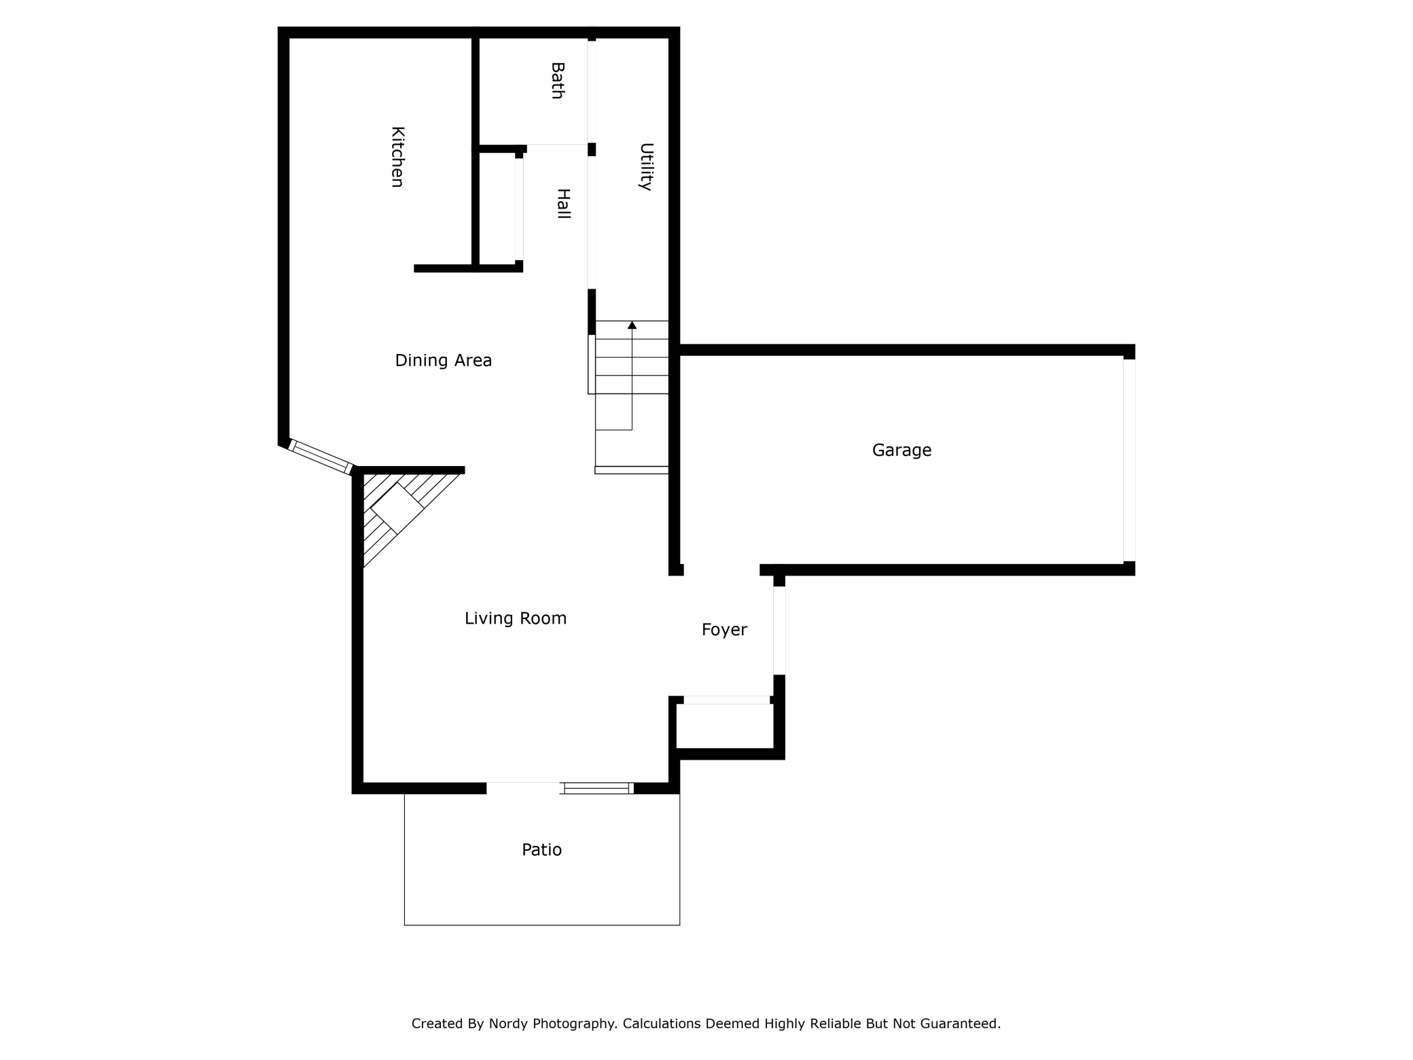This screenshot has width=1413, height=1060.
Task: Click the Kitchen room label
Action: [x=397, y=156]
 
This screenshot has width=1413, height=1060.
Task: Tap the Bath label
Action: [x=557, y=80]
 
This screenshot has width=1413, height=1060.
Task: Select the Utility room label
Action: [x=646, y=166]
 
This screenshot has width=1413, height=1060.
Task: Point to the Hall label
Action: [x=563, y=203]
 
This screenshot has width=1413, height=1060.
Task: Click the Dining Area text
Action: [x=443, y=360]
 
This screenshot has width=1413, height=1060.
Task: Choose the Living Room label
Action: [x=515, y=618]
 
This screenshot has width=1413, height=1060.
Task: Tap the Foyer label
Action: [x=724, y=630]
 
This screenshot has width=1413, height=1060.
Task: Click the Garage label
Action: [x=901, y=450]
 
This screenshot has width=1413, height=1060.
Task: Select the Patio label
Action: [x=541, y=849]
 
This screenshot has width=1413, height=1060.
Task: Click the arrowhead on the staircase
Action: [x=632, y=325]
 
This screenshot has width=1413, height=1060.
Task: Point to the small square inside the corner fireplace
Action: [x=397, y=508]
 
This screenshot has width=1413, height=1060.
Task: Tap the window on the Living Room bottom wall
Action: [x=596, y=788]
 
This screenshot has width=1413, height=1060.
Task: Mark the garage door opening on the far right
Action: [x=1128, y=460]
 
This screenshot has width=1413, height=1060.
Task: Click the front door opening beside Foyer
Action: [x=779, y=631]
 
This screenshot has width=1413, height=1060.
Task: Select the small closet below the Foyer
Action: [x=725, y=726]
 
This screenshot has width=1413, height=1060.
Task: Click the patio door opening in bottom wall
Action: [x=523, y=788]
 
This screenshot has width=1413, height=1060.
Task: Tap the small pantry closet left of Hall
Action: [x=497, y=207]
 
